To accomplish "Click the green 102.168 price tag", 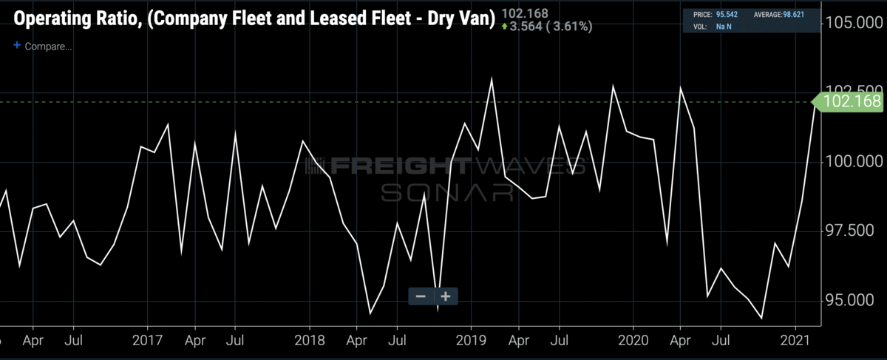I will [851, 102].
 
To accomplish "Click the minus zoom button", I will [421, 296].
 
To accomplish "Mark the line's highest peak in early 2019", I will [492, 78].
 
